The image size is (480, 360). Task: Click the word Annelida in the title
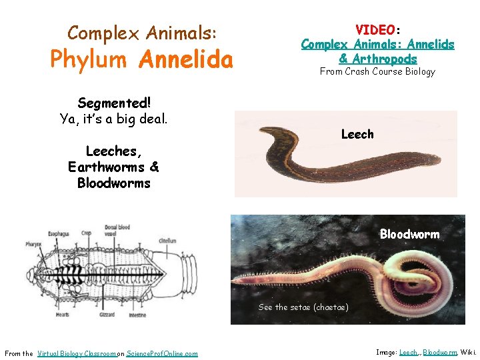[186, 60]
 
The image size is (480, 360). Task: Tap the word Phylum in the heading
[89, 60]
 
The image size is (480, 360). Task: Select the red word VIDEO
[375, 30]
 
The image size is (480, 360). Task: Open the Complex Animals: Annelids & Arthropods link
[377, 51]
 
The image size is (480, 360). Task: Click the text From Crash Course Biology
[377, 71]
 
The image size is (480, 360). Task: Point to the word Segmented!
[114, 103]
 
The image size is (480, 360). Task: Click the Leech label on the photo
[357, 134]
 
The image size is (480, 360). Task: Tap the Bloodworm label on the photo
[409, 234]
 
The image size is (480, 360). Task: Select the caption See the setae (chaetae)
[303, 307]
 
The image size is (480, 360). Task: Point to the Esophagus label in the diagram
[59, 234]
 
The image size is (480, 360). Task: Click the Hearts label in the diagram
[63, 315]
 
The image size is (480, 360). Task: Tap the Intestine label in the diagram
[137, 315]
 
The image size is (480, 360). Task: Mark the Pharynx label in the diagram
[34, 245]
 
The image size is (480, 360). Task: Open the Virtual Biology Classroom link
[77, 353]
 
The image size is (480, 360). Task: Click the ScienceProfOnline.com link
[162, 353]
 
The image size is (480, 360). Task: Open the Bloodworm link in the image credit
[440, 352]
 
